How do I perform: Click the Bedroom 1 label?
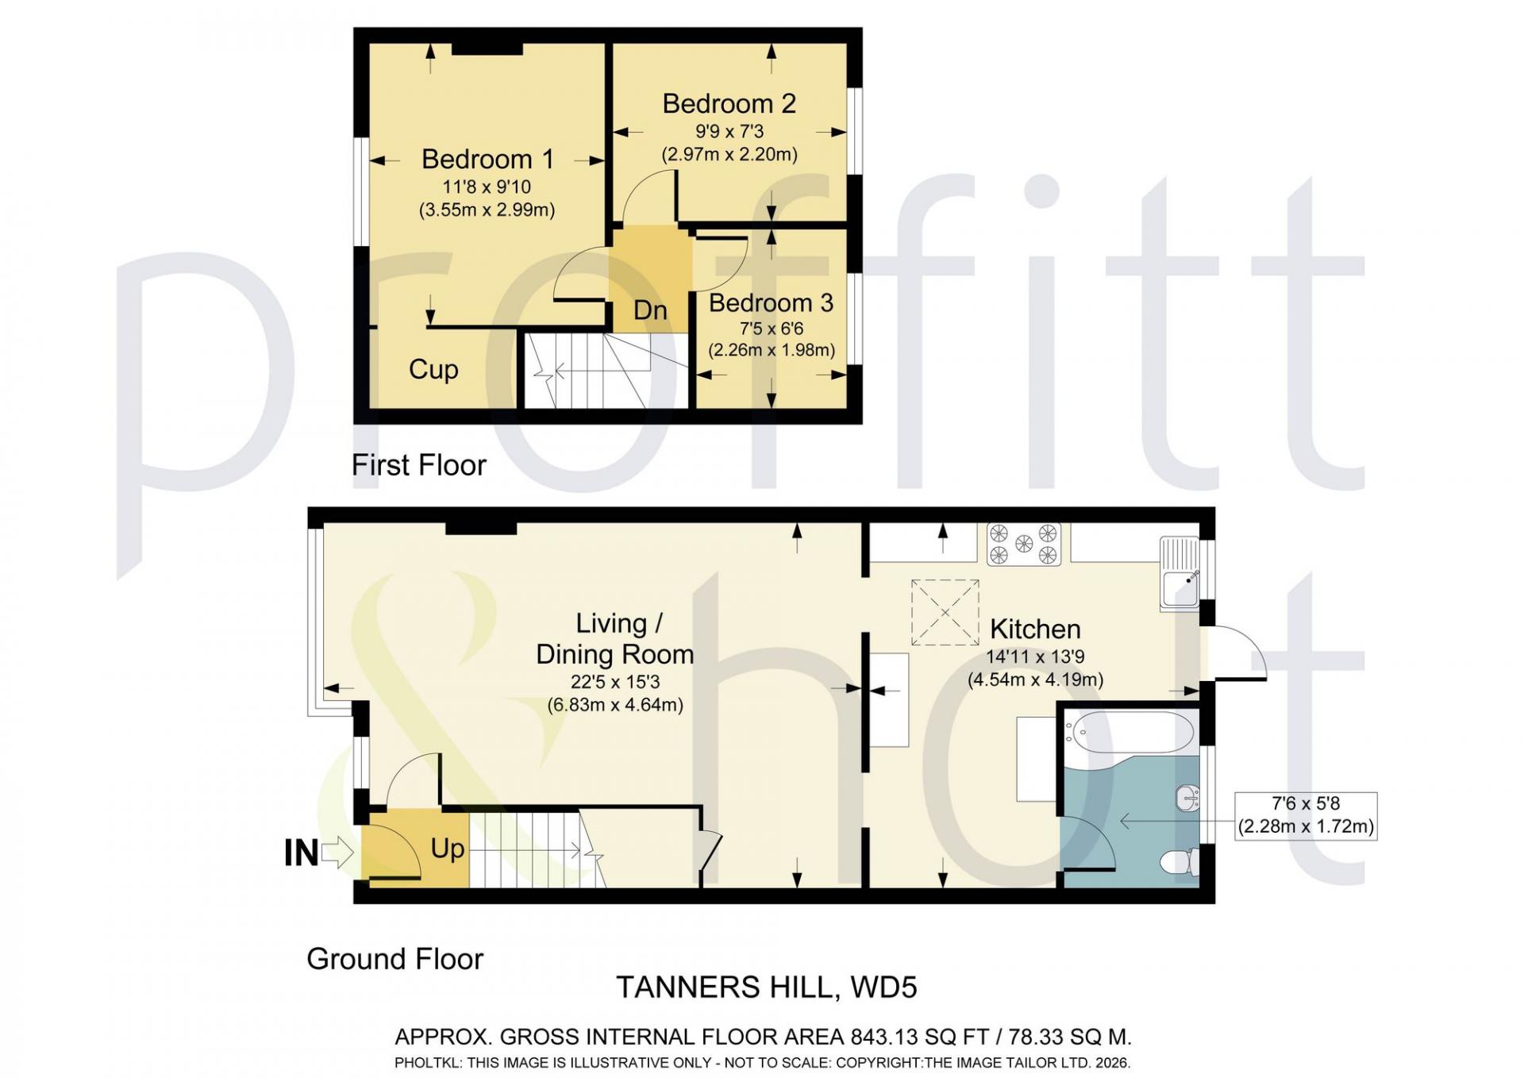487,160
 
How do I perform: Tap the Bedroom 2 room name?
729,104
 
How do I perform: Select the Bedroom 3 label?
771,302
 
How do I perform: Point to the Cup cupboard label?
433,369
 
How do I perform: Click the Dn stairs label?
650,310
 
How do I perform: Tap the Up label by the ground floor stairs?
448,849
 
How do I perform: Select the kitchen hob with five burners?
1024,544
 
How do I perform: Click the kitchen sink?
1180,574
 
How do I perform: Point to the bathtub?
1129,732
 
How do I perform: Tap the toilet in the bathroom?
1180,862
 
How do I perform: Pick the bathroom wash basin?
1188,797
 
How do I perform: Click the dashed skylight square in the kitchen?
945,612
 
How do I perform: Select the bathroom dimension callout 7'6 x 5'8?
1306,815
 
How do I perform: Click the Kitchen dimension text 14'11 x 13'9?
1035,657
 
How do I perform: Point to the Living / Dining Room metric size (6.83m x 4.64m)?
615,705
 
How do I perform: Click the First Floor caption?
419,465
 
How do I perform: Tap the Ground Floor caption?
395,959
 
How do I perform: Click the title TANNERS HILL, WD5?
767,988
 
